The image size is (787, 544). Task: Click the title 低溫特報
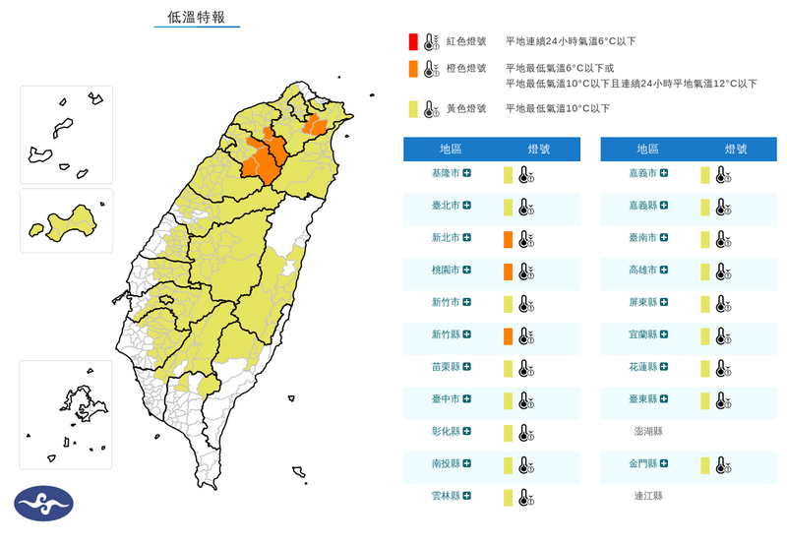click(197, 17)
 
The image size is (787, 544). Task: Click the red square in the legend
click(415, 41)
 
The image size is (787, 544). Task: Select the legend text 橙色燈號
click(466, 69)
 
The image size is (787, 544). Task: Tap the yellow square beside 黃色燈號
click(415, 108)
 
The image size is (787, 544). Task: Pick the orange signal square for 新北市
click(508, 239)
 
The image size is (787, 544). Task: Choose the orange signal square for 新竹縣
click(508, 336)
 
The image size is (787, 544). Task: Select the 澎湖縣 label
click(648, 432)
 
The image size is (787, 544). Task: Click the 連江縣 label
click(648, 496)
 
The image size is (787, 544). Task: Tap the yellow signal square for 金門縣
click(705, 464)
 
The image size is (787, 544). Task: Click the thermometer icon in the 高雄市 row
click(723, 272)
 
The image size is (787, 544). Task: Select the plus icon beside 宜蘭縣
click(665, 335)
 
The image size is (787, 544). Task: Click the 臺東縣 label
click(643, 399)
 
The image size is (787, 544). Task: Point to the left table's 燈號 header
click(539, 149)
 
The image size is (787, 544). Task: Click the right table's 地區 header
click(648, 149)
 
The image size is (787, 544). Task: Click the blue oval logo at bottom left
click(44, 504)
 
